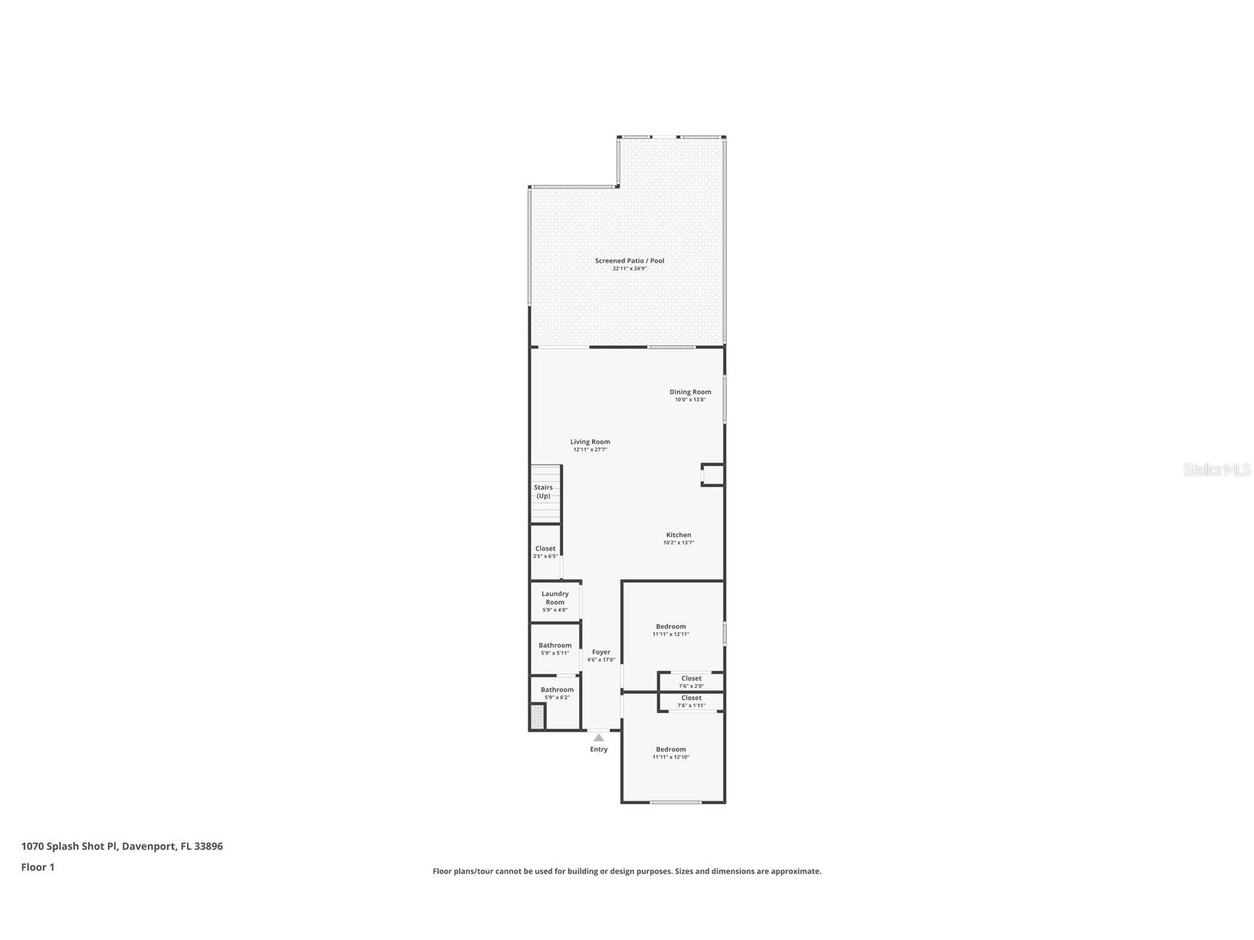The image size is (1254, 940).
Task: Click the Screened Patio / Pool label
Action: pos(630,260)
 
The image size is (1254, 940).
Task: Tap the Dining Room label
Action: pos(690,392)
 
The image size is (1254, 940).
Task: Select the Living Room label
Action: pos(590,442)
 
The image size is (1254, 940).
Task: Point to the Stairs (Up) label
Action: pos(543,491)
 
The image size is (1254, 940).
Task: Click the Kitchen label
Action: pos(678,535)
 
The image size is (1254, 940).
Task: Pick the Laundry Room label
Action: pos(555,598)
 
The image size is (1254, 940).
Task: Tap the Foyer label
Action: pos(601,652)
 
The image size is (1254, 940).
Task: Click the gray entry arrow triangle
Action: pos(599,738)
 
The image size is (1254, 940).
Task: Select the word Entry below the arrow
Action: pos(599,749)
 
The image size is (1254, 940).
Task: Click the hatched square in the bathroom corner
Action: pos(537,717)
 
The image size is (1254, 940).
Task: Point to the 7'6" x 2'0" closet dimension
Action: pos(691,686)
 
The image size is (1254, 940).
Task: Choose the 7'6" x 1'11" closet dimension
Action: pos(691,705)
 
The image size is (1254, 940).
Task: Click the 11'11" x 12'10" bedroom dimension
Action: pos(670,757)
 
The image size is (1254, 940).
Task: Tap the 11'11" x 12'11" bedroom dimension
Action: pos(670,634)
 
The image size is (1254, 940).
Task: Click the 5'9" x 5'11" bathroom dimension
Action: pos(555,653)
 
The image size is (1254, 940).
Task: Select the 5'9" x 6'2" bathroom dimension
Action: pos(556,697)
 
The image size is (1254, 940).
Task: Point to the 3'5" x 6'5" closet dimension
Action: pos(545,556)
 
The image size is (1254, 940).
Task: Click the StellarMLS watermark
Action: pos(1217,469)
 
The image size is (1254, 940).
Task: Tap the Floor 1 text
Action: pos(38,867)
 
